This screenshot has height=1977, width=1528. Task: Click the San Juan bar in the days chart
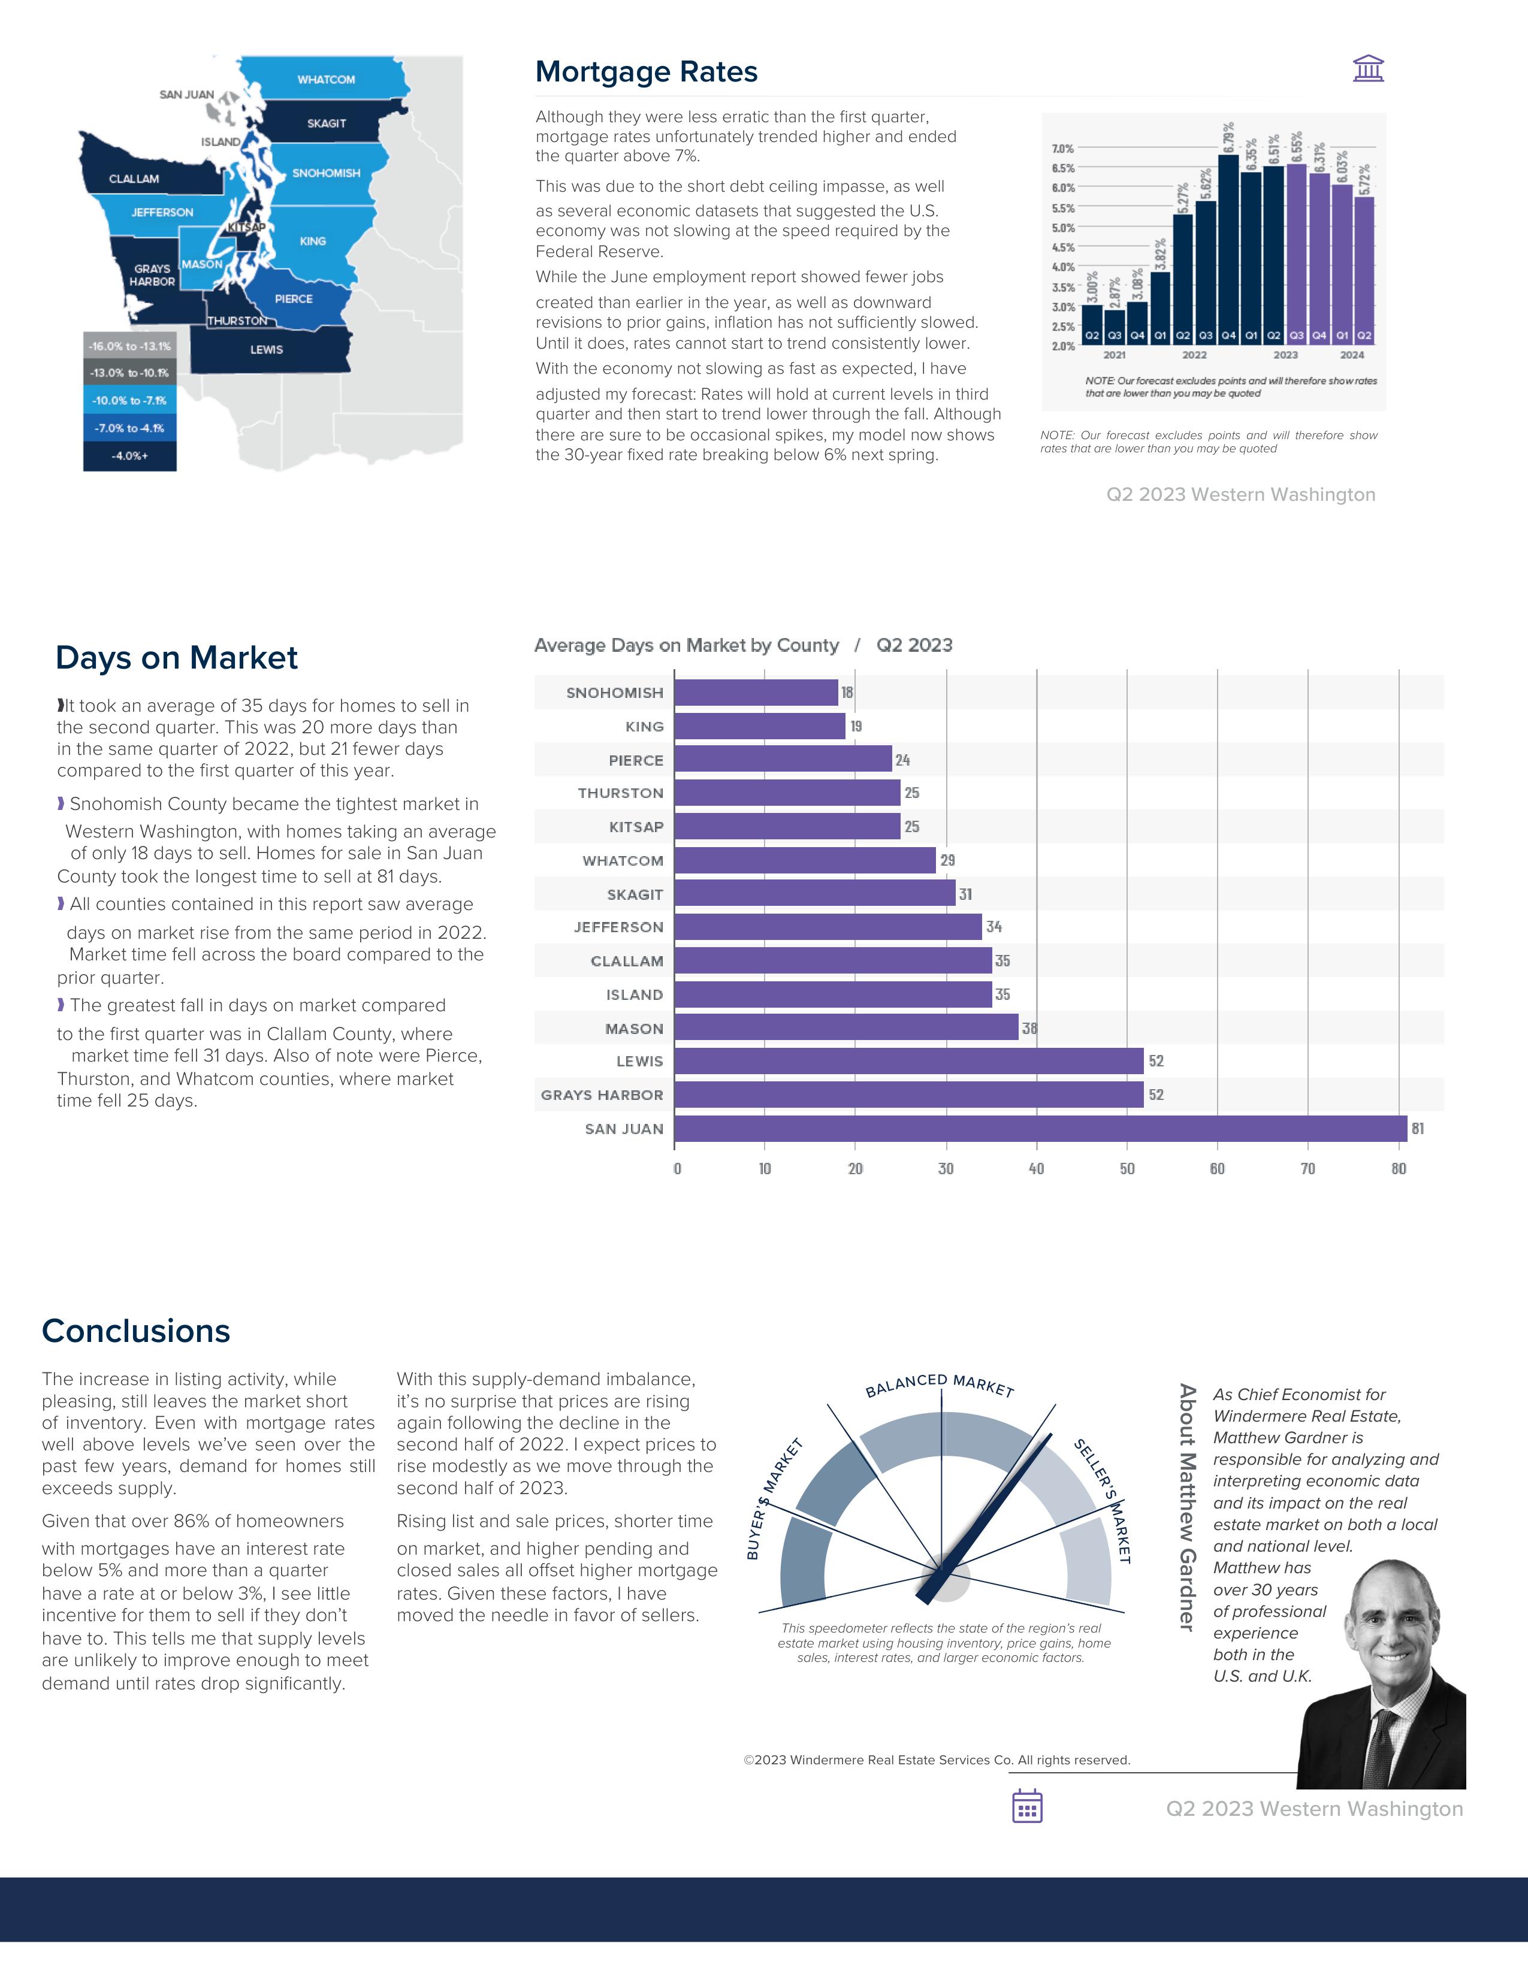click(x=1040, y=1129)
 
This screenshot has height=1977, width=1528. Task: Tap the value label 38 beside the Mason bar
click(x=1029, y=1028)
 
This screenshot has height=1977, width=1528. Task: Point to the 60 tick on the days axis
click(x=1218, y=1169)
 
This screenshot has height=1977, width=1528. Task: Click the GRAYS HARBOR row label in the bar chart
click(x=602, y=1095)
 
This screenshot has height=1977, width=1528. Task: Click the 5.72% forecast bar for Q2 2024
click(x=1364, y=267)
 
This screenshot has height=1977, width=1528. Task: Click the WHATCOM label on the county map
click(x=326, y=80)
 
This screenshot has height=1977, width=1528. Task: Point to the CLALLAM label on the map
click(x=134, y=179)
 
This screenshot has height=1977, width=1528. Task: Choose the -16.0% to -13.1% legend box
click(x=129, y=346)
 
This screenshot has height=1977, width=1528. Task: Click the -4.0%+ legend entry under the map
click(x=129, y=455)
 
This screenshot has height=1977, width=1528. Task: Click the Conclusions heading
click(x=136, y=1331)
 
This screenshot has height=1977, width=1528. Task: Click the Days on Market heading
click(x=177, y=658)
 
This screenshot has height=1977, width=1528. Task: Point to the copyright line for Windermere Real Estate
click(x=937, y=1760)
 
